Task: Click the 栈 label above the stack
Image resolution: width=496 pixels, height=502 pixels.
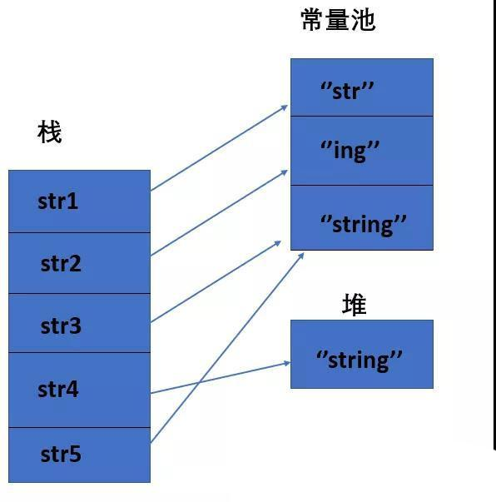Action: click(50, 132)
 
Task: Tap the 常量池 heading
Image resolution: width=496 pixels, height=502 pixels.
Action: click(338, 19)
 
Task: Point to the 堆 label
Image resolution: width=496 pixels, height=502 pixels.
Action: click(355, 305)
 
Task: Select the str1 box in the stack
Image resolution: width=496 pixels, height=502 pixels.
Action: click(79, 201)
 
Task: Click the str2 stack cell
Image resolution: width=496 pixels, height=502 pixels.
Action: click(79, 263)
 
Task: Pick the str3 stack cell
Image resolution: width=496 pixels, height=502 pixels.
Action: click(79, 324)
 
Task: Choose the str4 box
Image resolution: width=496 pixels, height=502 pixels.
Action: click(79, 390)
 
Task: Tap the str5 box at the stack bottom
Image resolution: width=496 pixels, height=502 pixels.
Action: click(79, 455)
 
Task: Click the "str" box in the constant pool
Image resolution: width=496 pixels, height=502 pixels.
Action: click(361, 88)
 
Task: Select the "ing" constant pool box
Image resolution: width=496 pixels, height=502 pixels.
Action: click(361, 151)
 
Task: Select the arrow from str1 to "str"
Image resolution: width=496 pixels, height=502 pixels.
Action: click(218, 148)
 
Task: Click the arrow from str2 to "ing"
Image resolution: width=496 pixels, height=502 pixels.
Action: click(218, 212)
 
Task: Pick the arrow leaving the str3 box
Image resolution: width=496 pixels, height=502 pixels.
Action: click(215, 282)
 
